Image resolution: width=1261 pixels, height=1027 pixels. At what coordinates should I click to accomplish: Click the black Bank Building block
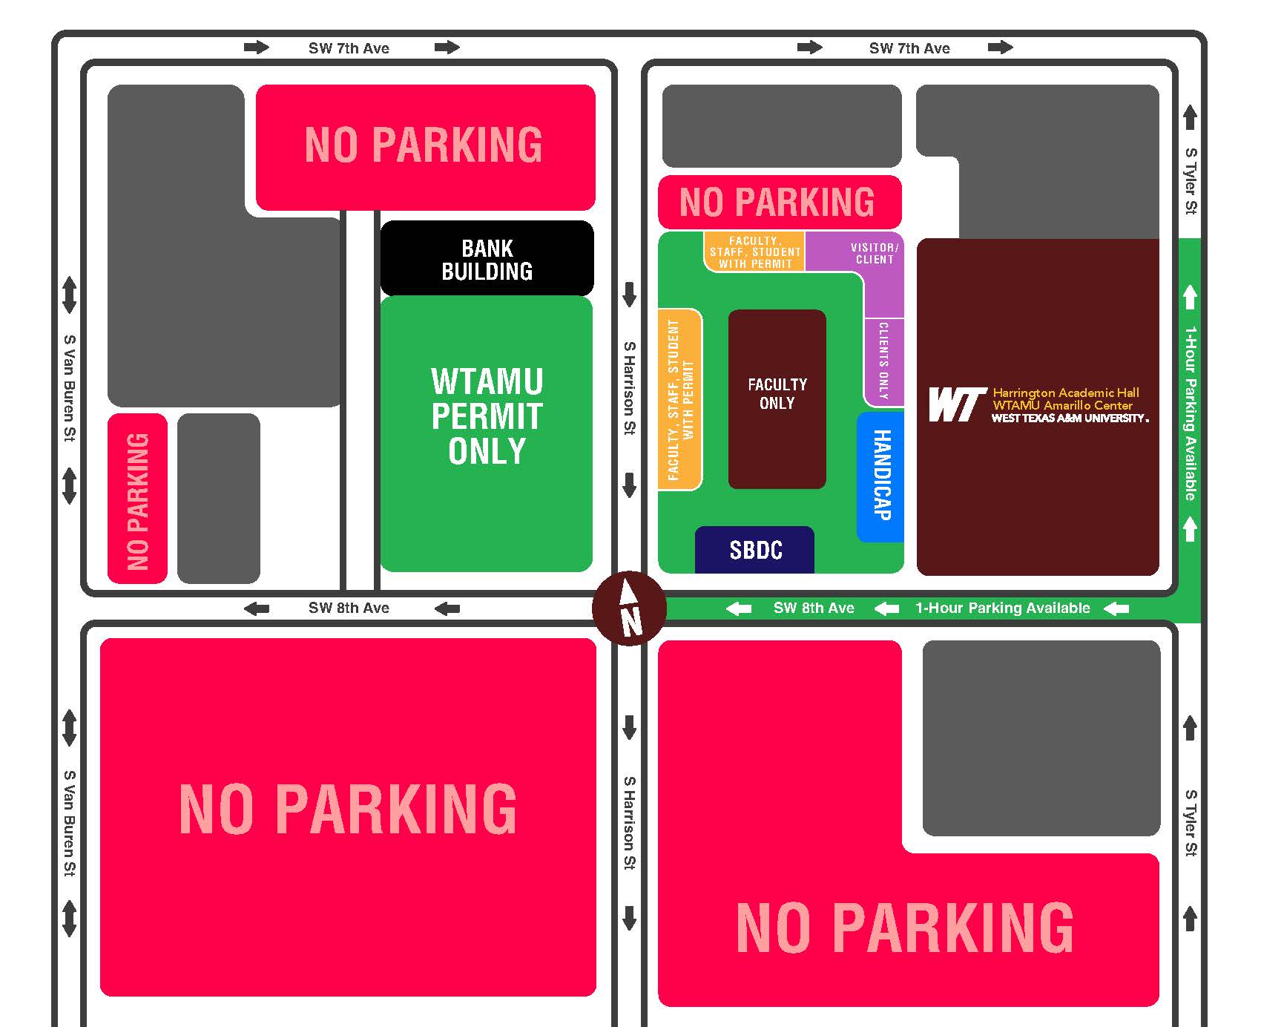coord(487,259)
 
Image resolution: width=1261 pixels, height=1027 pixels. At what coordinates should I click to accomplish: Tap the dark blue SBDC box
coord(755,550)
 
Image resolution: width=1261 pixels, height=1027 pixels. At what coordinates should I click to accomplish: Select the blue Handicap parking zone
coord(880,476)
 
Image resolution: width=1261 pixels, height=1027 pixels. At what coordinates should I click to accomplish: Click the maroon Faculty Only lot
coord(777,398)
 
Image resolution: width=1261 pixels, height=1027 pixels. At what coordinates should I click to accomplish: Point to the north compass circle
coord(630,608)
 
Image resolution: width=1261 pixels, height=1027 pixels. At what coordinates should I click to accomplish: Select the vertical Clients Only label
coord(883,361)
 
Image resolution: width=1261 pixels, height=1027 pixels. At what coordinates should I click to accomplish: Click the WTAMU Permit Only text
coord(487,416)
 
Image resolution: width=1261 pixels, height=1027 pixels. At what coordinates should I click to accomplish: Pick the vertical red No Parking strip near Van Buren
coord(137,499)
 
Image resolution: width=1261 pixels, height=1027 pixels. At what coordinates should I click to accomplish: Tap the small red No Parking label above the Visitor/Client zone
coord(777,202)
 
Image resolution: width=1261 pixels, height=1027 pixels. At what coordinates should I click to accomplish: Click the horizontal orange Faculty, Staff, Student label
coord(754,252)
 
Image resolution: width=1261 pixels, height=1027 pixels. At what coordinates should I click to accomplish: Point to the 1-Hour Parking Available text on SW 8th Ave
coord(1002,608)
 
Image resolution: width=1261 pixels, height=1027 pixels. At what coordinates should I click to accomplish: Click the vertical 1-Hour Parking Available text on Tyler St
coord(1190,413)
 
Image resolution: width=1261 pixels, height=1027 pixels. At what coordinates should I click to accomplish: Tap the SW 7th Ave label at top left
coord(349,48)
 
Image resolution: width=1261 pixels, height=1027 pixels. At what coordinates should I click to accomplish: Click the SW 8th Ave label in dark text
coord(349,608)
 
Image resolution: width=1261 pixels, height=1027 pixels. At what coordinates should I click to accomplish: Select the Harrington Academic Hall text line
coord(1066,393)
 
